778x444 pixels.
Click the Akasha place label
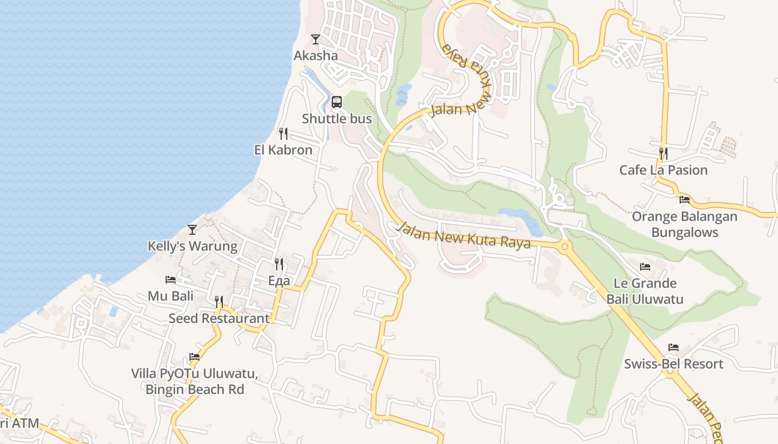(315, 56)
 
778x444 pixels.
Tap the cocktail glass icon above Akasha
(316, 39)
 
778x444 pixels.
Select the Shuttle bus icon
(337, 102)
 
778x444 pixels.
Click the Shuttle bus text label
(337, 119)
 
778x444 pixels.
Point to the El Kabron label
(283, 150)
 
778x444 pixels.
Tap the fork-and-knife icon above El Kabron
(283, 133)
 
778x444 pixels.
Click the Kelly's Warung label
(192, 246)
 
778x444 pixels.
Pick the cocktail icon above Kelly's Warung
(192, 229)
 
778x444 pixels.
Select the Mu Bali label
(171, 296)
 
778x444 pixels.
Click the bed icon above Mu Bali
(171, 280)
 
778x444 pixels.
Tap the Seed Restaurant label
(219, 319)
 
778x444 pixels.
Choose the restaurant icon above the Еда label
(279, 264)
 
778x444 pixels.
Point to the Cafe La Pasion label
(664, 170)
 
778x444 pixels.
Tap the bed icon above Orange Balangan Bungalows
(685, 200)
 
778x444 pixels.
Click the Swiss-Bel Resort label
(674, 364)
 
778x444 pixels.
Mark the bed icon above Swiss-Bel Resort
(674, 348)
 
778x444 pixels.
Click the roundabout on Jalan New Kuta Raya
(565, 246)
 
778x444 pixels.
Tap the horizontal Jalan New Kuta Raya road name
(465, 235)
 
